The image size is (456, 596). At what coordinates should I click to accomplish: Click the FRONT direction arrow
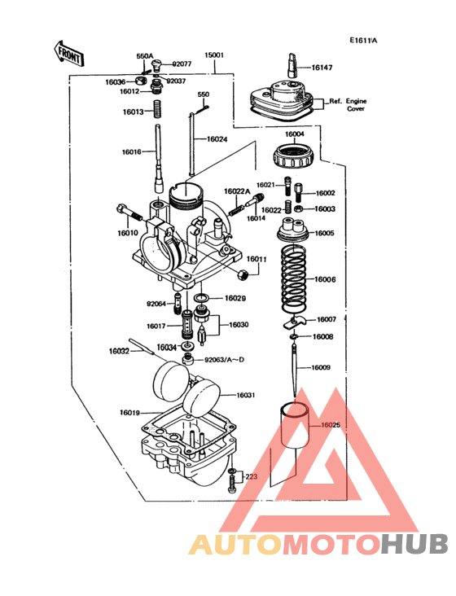point(68,53)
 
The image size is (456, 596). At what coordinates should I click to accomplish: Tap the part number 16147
point(323,68)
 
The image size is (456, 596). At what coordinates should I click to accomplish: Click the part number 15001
point(214,56)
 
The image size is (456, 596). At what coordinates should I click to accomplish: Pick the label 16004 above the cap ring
point(294,134)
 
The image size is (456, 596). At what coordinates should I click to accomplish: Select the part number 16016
point(132,152)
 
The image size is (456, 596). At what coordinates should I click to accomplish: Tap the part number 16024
point(217,139)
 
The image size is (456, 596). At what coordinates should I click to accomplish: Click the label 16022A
point(236,191)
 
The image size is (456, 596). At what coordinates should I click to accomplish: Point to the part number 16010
point(128,233)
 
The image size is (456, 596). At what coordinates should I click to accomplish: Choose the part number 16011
point(257,259)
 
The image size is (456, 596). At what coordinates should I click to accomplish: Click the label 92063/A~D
point(225,359)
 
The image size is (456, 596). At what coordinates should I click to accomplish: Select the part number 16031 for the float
point(246,395)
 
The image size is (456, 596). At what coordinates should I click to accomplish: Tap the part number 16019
point(129,413)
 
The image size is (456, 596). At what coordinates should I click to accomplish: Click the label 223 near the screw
point(251,476)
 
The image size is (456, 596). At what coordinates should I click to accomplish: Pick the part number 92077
point(182,63)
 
